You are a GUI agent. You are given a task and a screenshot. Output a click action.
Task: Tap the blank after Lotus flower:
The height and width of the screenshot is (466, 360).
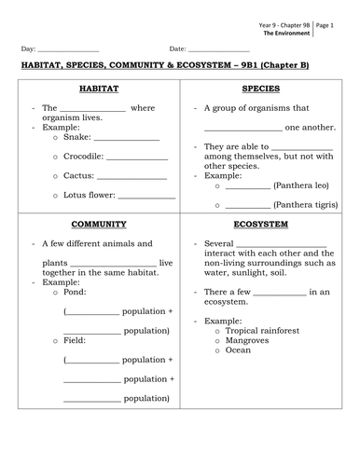coord(147,196)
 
